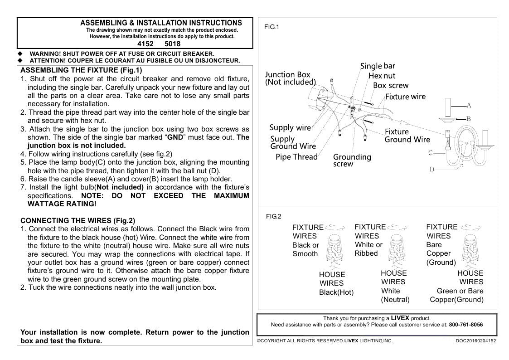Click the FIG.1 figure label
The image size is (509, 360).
(271, 27)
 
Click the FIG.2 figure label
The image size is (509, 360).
(273, 217)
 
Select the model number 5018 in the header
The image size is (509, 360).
(172, 44)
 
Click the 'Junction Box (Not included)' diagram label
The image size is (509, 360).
(290, 78)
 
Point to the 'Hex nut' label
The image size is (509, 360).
(382, 76)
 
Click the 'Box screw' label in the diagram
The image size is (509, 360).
(391, 85)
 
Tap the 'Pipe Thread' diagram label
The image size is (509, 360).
(296, 157)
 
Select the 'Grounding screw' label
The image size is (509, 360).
(352, 160)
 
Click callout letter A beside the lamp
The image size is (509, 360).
(469, 106)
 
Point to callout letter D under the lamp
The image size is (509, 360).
(432, 170)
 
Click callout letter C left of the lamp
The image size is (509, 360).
(431, 153)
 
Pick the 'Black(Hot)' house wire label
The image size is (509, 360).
(336, 292)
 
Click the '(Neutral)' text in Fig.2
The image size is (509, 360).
(395, 300)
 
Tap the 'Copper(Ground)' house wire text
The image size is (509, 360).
(456, 300)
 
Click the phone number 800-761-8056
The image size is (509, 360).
(465, 325)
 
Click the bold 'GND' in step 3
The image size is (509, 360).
(175, 137)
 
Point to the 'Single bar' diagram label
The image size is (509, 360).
(378, 66)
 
